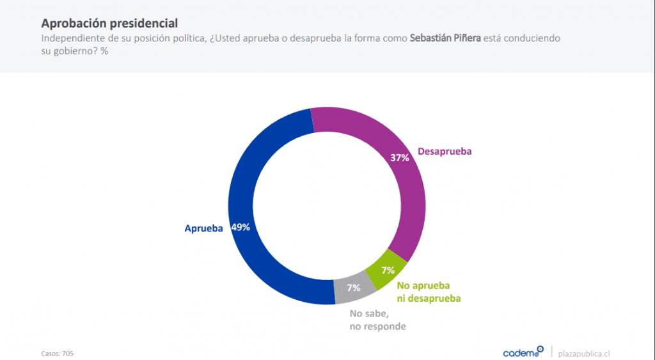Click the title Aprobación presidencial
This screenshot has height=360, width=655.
pyautogui.click(x=109, y=24)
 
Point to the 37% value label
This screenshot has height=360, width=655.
pyautogui.click(x=400, y=157)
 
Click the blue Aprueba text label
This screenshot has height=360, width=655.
pyautogui.click(x=203, y=228)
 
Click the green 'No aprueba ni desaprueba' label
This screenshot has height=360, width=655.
pyautogui.click(x=428, y=292)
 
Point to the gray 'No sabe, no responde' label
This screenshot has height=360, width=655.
pyautogui.click(x=377, y=320)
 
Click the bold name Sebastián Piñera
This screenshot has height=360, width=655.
pyautogui.click(x=445, y=38)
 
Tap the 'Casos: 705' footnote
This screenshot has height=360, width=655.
pyautogui.click(x=57, y=353)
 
